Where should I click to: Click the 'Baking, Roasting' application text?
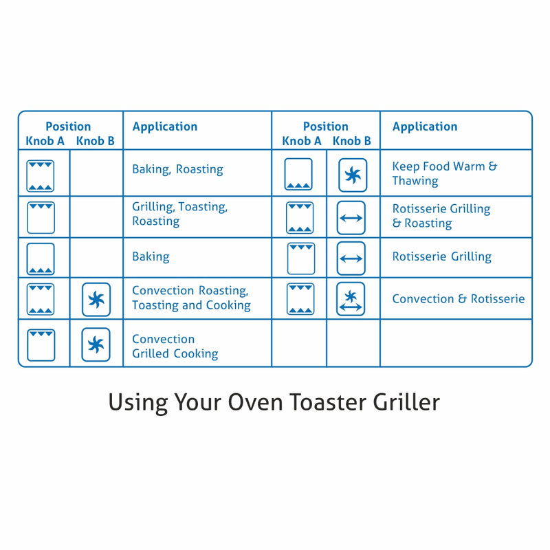click(x=177, y=169)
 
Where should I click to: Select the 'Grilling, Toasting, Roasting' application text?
click(x=179, y=214)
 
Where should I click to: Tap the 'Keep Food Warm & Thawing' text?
click(x=444, y=173)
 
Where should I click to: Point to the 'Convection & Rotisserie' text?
click(x=458, y=299)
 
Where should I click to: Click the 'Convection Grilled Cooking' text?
click(x=175, y=346)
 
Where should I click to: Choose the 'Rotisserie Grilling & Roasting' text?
click(x=441, y=216)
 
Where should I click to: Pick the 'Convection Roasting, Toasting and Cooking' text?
click(x=191, y=298)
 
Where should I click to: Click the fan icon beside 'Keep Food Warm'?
click(x=353, y=175)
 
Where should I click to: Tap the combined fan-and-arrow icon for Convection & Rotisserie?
click(x=351, y=299)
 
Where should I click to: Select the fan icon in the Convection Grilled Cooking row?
click(x=96, y=344)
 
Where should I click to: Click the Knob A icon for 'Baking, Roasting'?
click(x=41, y=175)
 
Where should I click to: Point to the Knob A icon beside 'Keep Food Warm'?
click(x=298, y=175)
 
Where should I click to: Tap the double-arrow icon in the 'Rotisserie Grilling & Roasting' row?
click(x=351, y=218)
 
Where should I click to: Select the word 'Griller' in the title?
click(x=408, y=401)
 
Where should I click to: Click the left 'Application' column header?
click(x=165, y=126)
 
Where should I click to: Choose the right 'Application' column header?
click(x=425, y=126)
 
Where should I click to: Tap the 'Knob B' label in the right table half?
click(x=352, y=141)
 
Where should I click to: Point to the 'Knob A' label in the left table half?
click(x=45, y=141)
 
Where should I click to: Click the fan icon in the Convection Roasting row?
click(x=96, y=300)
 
